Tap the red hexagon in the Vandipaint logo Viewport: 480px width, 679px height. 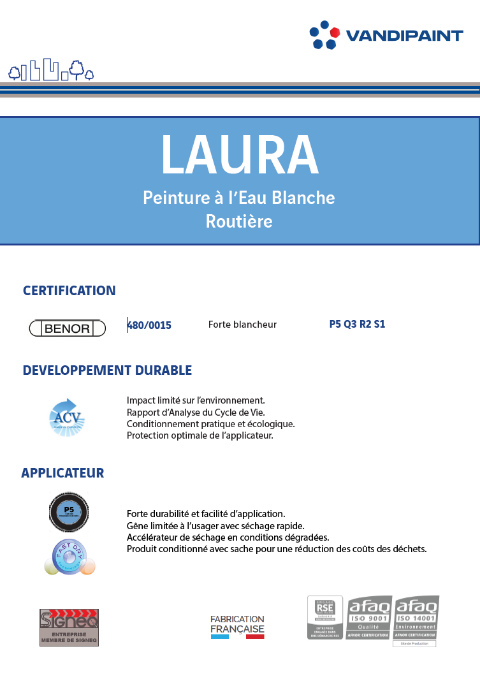[x=335, y=32]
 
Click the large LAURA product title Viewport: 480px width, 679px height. [x=239, y=155]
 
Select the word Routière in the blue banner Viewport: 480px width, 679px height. [x=239, y=221]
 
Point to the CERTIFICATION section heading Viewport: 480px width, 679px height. [x=69, y=291]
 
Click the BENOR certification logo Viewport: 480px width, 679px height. [x=69, y=328]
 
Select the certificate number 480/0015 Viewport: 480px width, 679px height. [x=149, y=325]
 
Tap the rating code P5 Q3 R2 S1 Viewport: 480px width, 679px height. [x=357, y=324]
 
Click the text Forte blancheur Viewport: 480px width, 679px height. [x=242, y=325]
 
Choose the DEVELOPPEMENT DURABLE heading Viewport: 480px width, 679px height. [x=107, y=370]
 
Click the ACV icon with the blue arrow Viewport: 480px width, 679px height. [x=67, y=418]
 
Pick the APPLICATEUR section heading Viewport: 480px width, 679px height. [x=62, y=473]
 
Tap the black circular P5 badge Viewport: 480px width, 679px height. [x=69, y=511]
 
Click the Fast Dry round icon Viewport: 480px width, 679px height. [x=69, y=556]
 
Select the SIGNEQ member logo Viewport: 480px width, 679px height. [x=69, y=627]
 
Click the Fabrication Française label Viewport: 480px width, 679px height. [x=237, y=627]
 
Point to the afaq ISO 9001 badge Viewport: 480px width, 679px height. [x=369, y=617]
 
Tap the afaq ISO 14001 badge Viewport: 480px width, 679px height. [x=416, y=617]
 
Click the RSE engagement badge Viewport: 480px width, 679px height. [x=325, y=617]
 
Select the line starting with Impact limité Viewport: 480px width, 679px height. [x=196, y=400]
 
